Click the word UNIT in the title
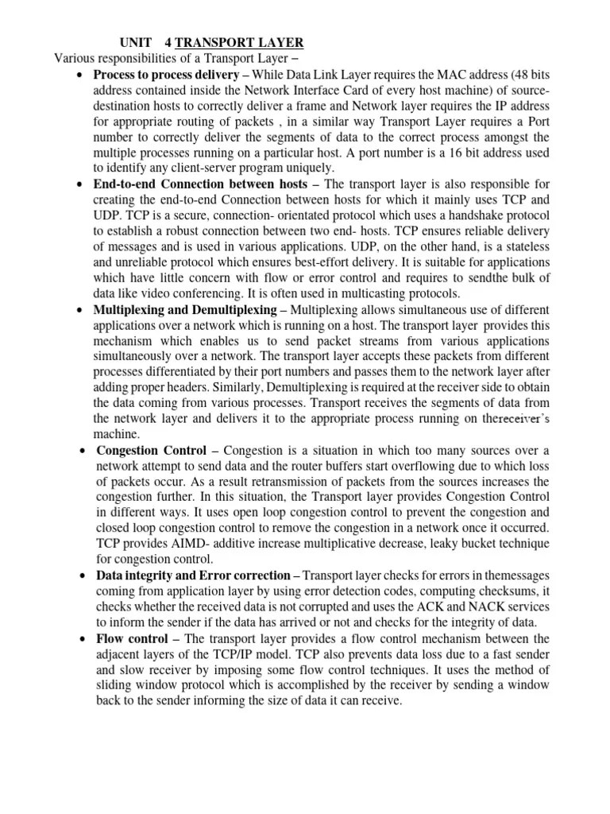(134, 42)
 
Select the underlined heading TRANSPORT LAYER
(239, 42)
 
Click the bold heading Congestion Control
(152, 451)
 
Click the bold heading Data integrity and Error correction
(193, 575)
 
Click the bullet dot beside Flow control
(83, 639)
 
